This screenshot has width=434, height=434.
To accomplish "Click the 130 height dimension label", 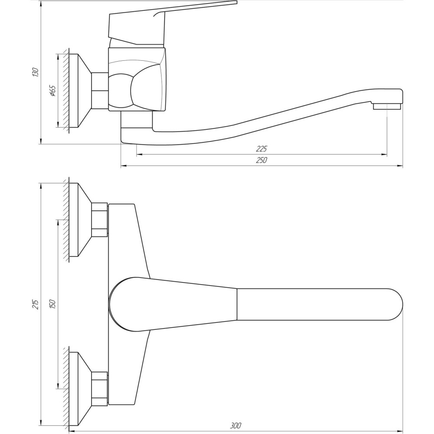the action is [x=36, y=72].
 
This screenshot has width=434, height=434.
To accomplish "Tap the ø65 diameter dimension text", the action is [x=53, y=91].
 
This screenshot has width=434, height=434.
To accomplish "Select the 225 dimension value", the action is [x=262, y=148].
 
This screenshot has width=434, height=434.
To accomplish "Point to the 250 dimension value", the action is [x=262, y=160].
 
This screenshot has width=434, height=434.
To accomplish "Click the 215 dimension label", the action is [x=36, y=304].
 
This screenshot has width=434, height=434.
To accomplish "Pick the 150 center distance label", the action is [x=53, y=304].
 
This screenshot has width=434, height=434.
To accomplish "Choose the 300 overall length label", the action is [x=236, y=425].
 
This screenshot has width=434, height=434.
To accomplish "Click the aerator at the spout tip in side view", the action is [x=387, y=107].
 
